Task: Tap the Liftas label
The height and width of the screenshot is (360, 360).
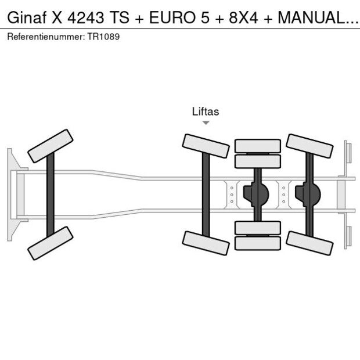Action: click(206, 111)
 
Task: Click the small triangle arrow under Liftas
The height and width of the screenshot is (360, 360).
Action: click(206, 123)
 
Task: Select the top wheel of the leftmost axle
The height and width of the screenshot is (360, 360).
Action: click(51, 146)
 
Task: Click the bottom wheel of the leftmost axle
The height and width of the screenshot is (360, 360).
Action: click(51, 243)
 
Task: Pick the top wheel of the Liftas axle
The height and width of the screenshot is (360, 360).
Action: click(206, 146)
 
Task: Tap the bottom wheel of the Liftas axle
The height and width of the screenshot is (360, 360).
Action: click(206, 243)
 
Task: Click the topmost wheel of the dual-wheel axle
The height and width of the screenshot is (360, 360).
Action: click(257, 146)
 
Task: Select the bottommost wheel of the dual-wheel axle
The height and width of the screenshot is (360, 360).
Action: click(257, 243)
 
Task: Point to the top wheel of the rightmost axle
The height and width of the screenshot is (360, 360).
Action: click(309, 146)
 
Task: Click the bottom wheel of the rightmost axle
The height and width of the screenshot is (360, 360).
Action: click(309, 243)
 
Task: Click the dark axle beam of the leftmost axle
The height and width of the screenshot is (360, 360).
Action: click(51, 195)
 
